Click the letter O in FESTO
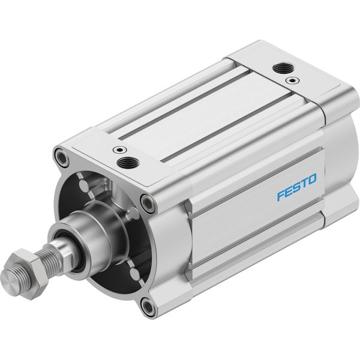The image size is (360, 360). pyautogui.click(x=311, y=179)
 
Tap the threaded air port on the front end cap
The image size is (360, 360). pyautogui.click(x=128, y=163)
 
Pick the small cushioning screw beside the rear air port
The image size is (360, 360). pyautogui.click(x=292, y=80)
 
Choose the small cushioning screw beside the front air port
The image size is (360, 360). pyautogui.click(x=120, y=150)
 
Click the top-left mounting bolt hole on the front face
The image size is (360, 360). pyautogui.click(x=62, y=157)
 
